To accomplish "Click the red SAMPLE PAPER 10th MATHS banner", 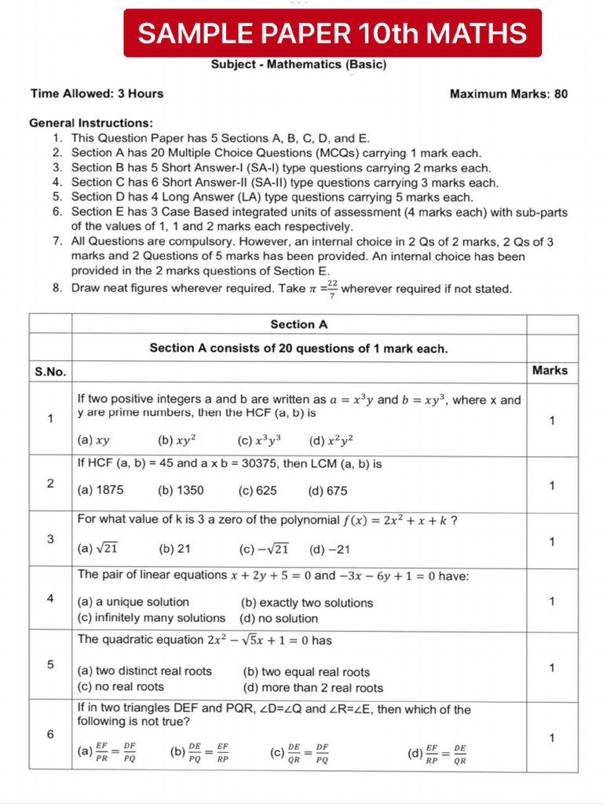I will pos(332,33).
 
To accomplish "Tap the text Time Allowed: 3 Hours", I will pos(97,93).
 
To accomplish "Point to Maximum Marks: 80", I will pos(508,93).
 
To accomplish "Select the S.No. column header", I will pos(50,371).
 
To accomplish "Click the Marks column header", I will pos(550,371).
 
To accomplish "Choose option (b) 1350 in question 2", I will pos(181,490).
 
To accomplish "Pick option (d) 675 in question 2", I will pos(328,490).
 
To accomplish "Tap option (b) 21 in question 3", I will pos(175,549).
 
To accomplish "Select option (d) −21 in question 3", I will pos(330,549).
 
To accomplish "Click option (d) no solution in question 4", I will pos(279,618).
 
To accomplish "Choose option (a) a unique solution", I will pos(133,602).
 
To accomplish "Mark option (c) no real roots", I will pos(120,687).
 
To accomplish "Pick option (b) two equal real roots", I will pos(306,672).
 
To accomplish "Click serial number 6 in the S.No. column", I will pos(50,734).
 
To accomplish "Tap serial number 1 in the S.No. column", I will pos(50,418).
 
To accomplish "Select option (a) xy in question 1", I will pos(93,440).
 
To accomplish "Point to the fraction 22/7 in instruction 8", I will pos(332,289).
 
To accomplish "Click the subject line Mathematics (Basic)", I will pos(298,65).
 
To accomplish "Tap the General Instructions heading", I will pos(91,122).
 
